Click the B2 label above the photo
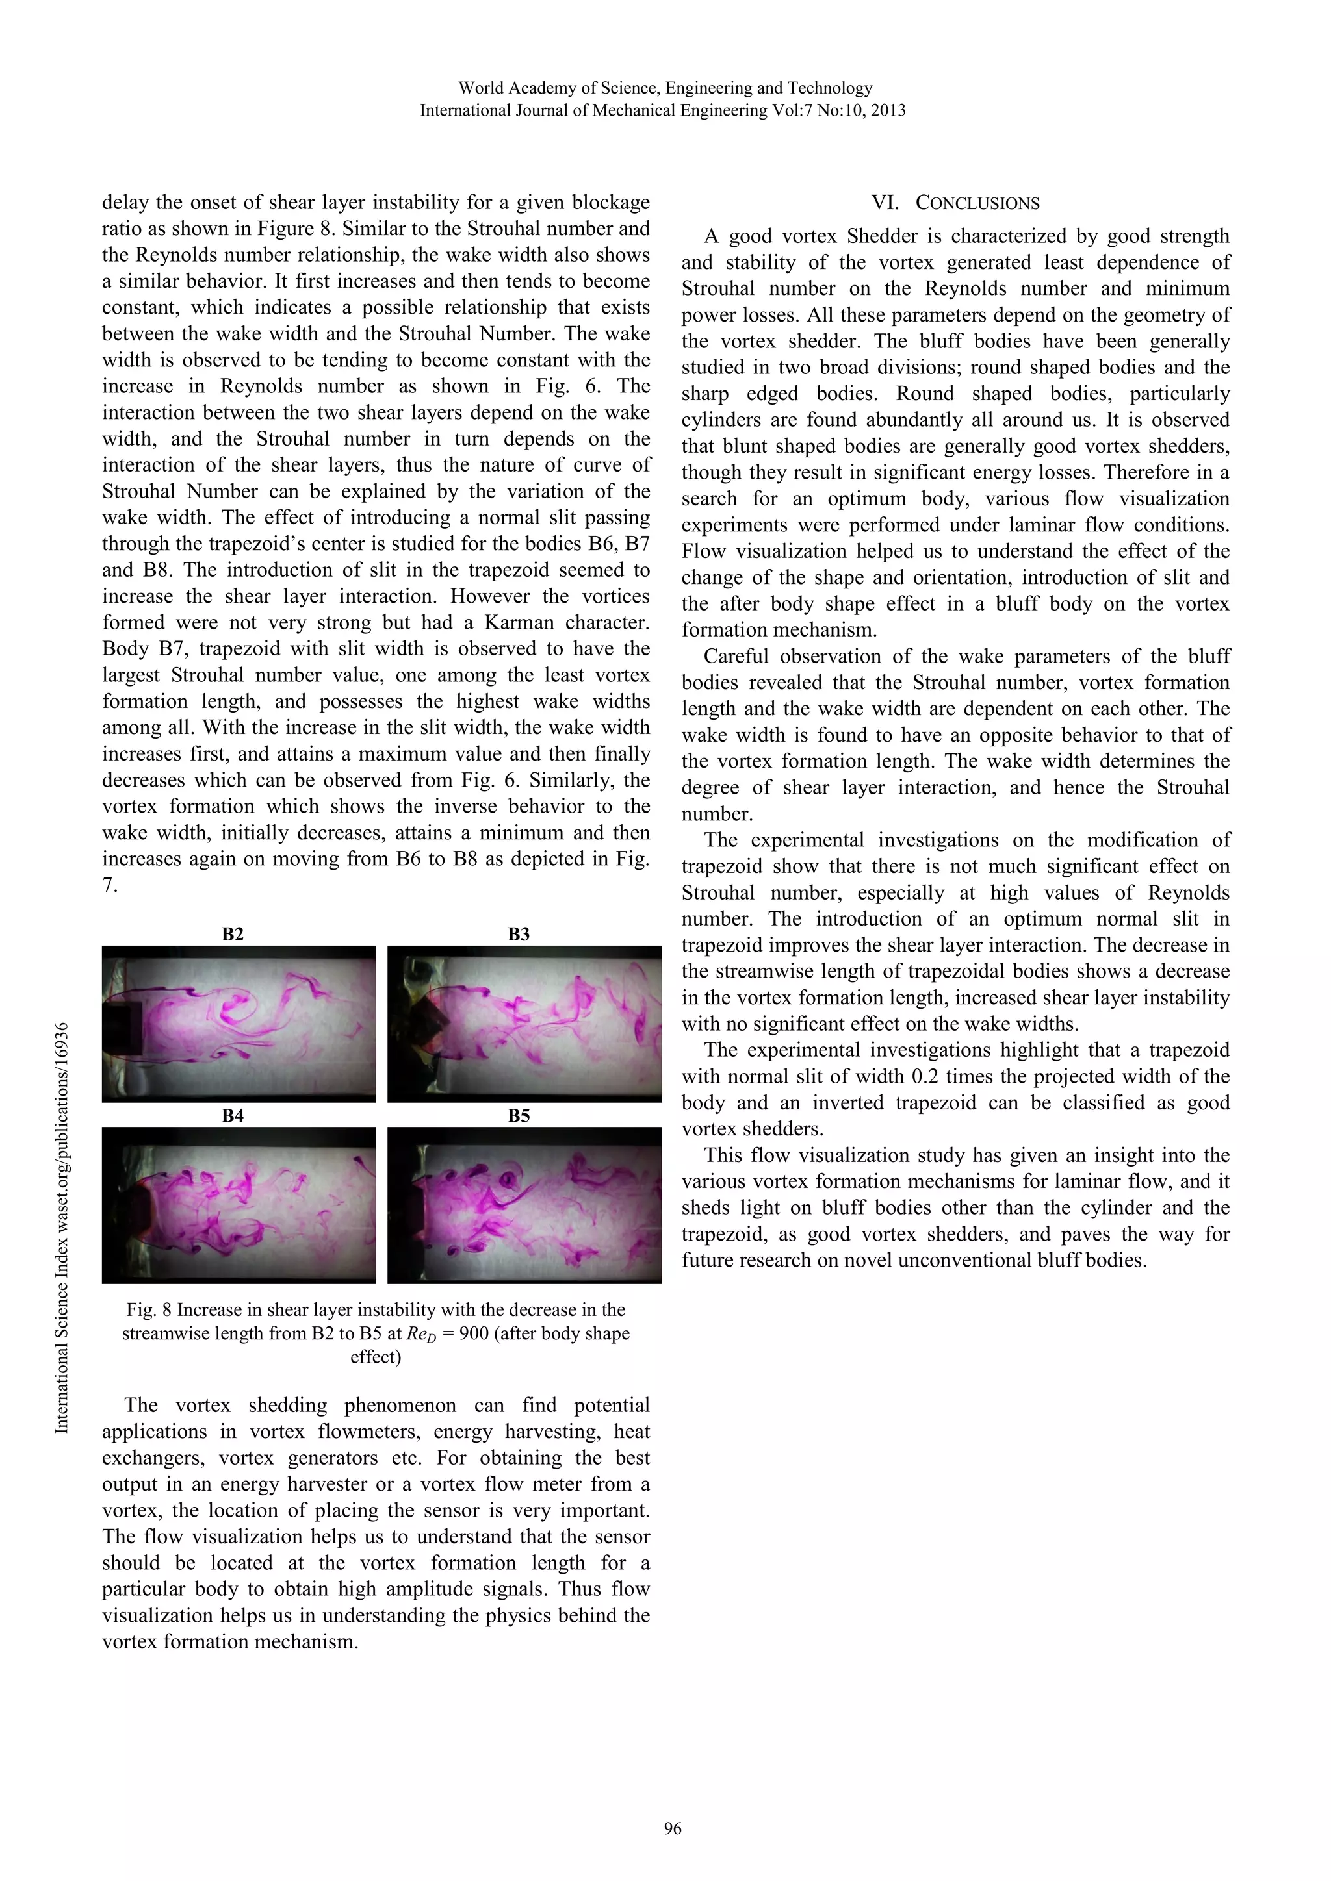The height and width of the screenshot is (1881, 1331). [x=233, y=934]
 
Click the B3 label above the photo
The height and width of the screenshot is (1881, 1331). [x=519, y=934]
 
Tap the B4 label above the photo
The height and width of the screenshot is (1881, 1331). [x=233, y=1115]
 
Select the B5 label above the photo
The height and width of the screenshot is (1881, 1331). [x=519, y=1115]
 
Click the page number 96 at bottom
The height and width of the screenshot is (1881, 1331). [x=672, y=1828]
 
